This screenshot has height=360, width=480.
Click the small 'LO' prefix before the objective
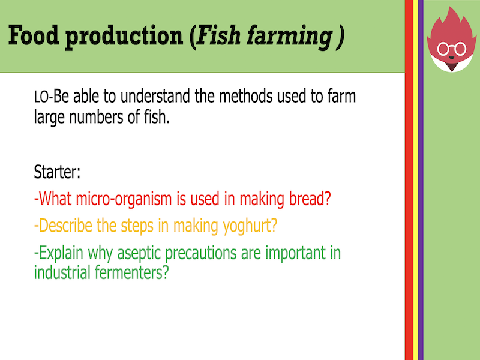click(x=41, y=97)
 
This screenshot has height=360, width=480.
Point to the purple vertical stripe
click(x=421, y=180)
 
